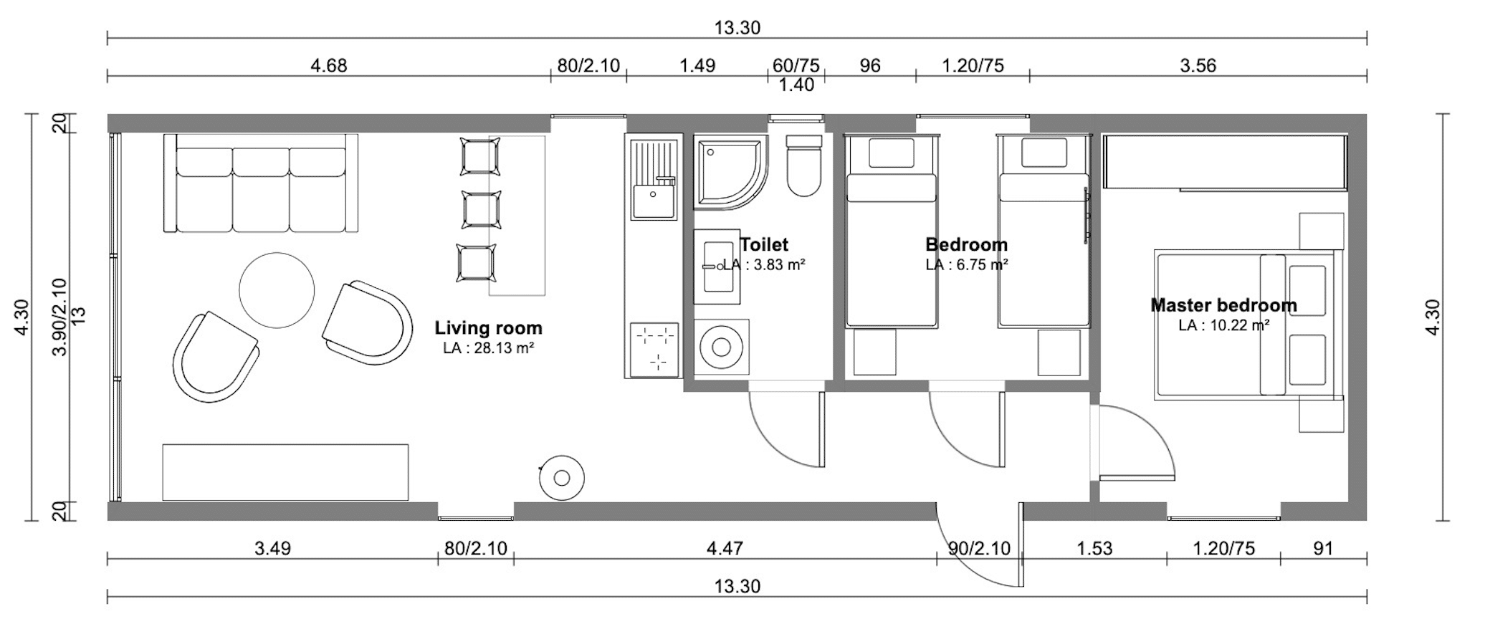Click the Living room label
(488, 328)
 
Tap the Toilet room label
(764, 244)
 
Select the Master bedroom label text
(1223, 305)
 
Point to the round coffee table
(277, 290)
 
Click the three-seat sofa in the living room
(261, 183)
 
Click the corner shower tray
(730, 173)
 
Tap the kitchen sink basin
(653, 201)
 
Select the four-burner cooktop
(654, 350)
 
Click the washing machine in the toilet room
(721, 347)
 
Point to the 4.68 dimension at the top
(329, 66)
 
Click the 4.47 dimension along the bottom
(725, 549)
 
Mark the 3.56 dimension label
(1198, 66)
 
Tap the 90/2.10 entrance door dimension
(979, 549)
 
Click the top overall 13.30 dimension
(737, 28)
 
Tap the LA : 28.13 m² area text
(489, 349)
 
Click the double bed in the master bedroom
(1245, 325)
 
